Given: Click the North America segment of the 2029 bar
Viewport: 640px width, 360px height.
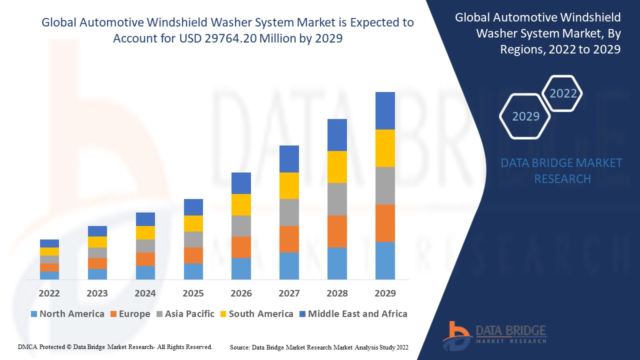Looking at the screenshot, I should pyautogui.click(x=385, y=260).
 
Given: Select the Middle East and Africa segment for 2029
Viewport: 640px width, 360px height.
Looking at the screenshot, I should pyautogui.click(x=385, y=110).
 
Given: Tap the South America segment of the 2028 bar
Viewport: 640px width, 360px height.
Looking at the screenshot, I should pyautogui.click(x=337, y=166).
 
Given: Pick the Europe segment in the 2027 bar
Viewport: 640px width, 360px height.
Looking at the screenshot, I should pyautogui.click(x=289, y=239).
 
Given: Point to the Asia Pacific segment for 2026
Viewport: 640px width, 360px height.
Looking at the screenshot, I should pyautogui.click(x=241, y=226).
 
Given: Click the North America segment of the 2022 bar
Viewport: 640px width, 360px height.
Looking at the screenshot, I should pyautogui.click(x=49, y=275).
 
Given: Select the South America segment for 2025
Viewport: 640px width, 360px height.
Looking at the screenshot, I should pyautogui.click(x=193, y=223).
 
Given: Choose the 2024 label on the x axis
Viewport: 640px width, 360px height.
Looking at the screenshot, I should pyautogui.click(x=145, y=293).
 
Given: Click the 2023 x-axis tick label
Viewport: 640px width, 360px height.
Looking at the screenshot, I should pyautogui.click(x=97, y=293).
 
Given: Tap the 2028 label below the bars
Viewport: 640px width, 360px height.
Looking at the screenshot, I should pyautogui.click(x=337, y=293).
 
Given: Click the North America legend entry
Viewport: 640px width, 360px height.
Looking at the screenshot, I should pyautogui.click(x=67, y=314).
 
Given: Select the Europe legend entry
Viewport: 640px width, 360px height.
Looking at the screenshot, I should pyautogui.click(x=129, y=314).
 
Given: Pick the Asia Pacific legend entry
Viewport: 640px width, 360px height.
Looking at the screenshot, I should pyautogui.click(x=185, y=314).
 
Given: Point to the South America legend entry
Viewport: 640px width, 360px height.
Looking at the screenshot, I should pyautogui.click(x=256, y=314).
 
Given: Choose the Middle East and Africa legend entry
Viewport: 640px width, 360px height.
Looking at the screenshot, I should pyautogui.click(x=352, y=314).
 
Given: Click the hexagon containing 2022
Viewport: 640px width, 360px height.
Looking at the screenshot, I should pyautogui.click(x=563, y=93).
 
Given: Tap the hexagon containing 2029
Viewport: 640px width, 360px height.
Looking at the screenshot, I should pyautogui.click(x=525, y=116).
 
